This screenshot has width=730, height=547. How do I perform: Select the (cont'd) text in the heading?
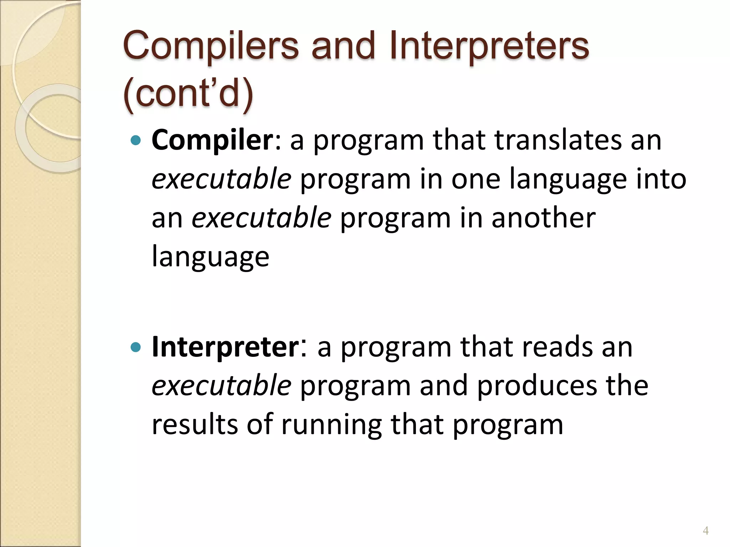tap(188, 93)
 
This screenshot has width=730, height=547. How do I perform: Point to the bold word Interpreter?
tap(226, 347)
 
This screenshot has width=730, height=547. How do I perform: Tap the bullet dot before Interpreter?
tap(136, 347)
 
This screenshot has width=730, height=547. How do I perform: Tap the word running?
tap(331, 425)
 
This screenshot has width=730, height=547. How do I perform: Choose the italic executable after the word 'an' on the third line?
tap(261, 218)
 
